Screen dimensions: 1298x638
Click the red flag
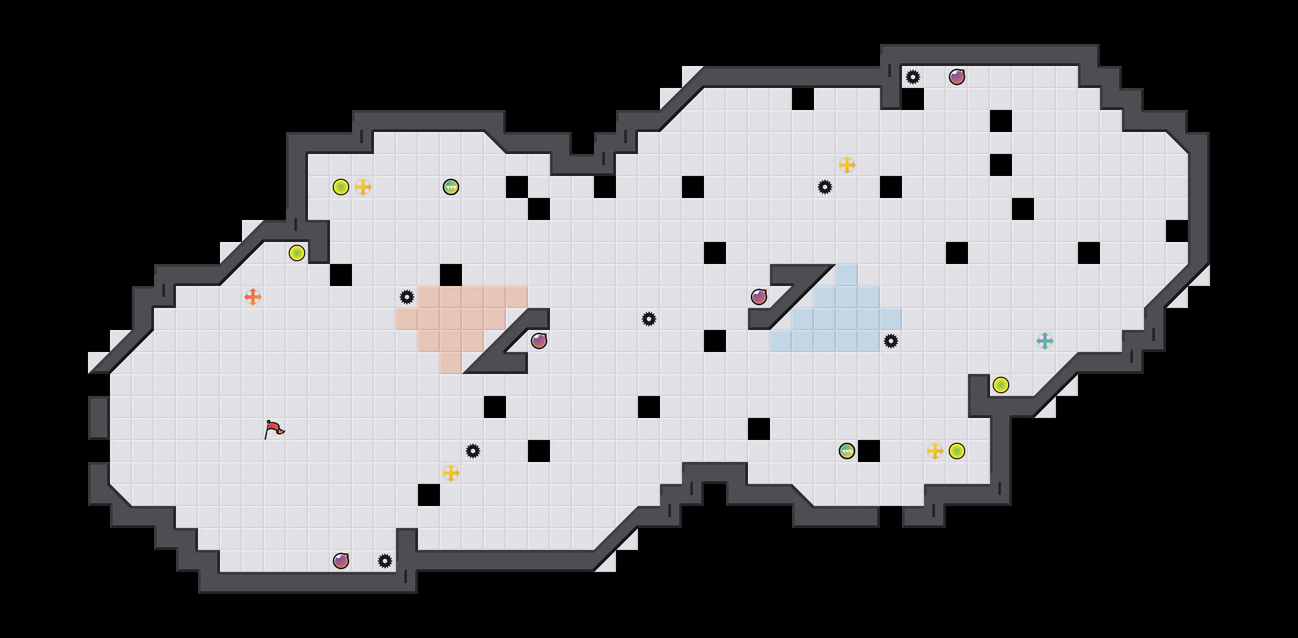273,429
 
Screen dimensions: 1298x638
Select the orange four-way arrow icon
253,297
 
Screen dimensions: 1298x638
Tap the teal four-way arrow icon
1045,341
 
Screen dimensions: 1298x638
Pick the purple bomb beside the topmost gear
957,77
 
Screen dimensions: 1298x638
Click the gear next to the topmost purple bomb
913,77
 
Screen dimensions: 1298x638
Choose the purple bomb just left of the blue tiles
759,297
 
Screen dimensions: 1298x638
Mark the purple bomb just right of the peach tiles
539,341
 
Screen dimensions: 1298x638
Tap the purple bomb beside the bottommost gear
341,561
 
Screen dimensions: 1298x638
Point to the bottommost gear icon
385,561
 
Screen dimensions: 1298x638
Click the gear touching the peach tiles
407,297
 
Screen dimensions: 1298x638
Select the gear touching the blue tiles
891,341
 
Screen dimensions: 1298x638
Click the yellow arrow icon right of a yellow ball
363,187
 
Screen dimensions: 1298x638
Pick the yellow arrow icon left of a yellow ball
935,451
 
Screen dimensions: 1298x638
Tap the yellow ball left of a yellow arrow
341,187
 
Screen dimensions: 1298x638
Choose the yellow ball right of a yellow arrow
957,451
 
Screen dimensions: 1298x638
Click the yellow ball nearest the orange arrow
297,253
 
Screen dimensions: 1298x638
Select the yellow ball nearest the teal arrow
1001,385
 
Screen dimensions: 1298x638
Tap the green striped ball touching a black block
847,451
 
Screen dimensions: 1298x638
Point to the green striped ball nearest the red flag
451,187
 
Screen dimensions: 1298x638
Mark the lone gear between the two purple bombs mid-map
649,319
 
